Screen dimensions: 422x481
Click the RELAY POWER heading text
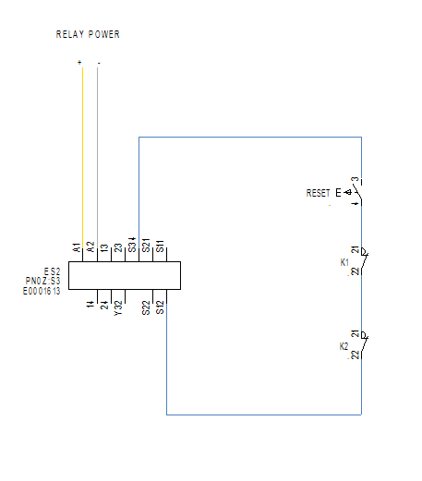[88, 34]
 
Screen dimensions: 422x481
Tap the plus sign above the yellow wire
[79, 63]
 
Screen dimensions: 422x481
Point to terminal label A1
[77, 247]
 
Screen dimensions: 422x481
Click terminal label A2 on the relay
[90, 247]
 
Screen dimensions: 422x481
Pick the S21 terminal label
[146, 246]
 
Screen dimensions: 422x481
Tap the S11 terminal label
[160, 247]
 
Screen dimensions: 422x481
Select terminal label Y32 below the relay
[118, 308]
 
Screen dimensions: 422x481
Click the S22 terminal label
[146, 308]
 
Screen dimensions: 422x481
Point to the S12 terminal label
[160, 307]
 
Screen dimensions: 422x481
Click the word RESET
[318, 193]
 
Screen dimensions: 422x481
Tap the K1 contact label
[344, 262]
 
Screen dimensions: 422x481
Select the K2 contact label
[344, 346]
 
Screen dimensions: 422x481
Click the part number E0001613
[42, 291]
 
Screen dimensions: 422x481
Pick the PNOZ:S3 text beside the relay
[42, 281]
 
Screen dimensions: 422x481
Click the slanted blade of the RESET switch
[357, 191]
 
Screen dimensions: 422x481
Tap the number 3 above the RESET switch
[356, 179]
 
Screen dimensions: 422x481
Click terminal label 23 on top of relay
[118, 247]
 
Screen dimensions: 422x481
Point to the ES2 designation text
[52, 271]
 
